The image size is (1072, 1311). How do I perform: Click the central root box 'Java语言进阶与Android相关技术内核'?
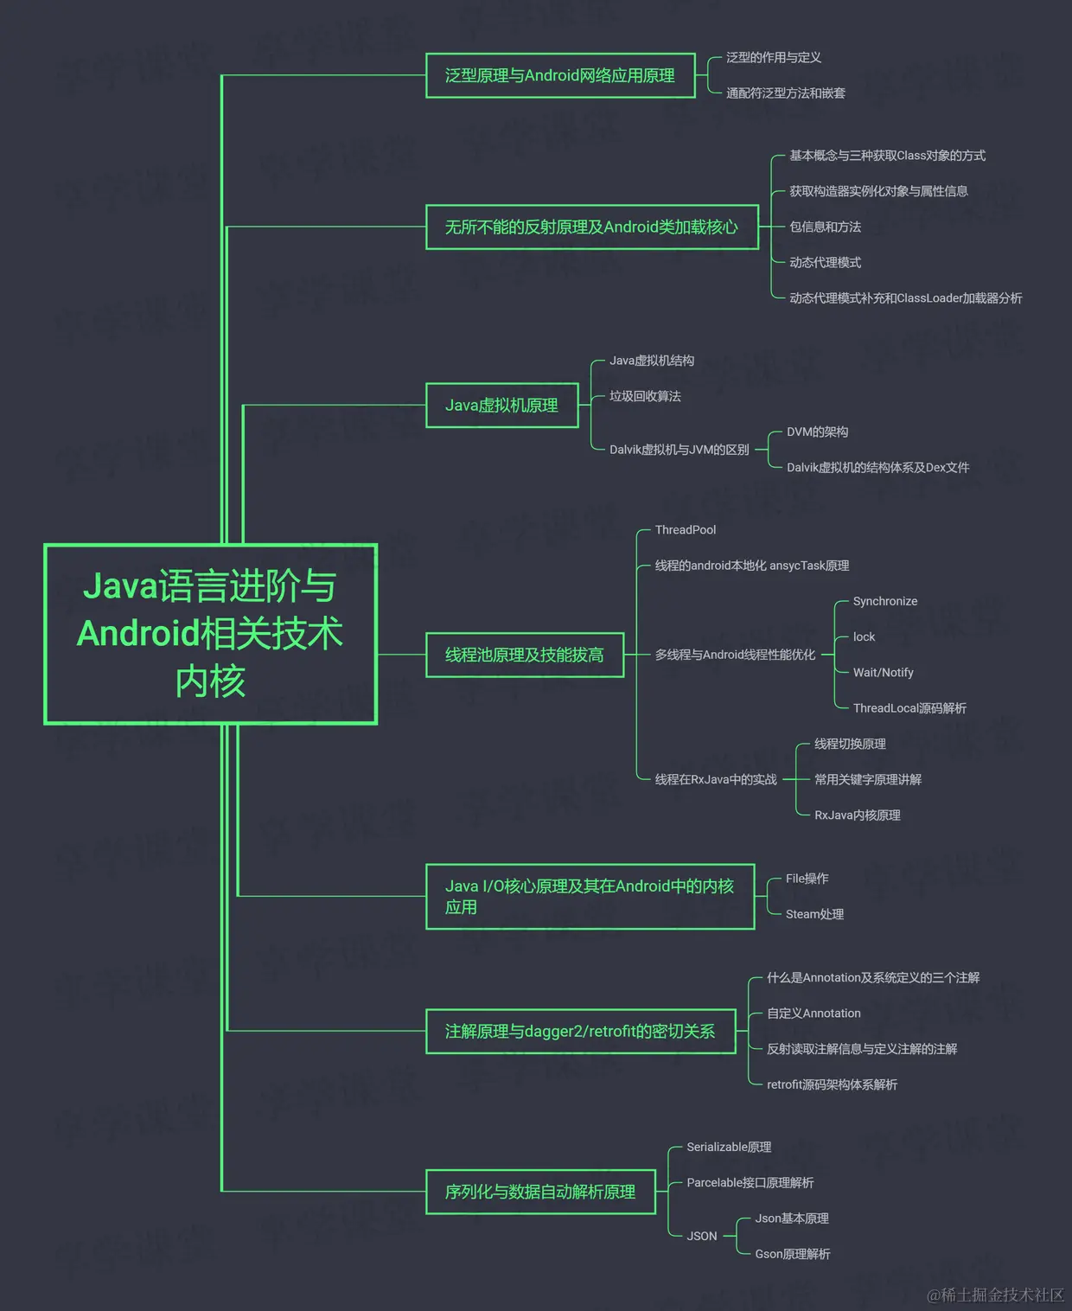pos(210,634)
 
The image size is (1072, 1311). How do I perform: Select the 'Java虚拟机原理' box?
pos(501,406)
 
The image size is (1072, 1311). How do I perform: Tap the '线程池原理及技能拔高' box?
pos(524,655)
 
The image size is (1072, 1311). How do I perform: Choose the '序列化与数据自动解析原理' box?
pos(540,1192)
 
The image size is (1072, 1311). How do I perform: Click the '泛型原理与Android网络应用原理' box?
pos(560,75)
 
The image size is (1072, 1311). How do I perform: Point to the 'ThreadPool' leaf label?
pos(685,530)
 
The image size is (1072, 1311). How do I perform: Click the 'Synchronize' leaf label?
pos(884,601)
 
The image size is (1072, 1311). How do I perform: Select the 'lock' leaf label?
pos(864,637)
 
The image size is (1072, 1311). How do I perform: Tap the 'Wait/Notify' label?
pos(883,673)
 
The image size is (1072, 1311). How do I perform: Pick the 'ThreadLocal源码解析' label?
pos(909,708)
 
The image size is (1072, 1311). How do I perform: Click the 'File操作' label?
pos(807,879)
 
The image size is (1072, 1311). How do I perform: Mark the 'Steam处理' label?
pos(814,914)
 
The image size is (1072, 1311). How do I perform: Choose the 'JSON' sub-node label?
pos(701,1237)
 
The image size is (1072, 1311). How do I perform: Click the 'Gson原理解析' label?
pos(792,1254)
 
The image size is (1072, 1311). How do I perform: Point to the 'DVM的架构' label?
pos(817,432)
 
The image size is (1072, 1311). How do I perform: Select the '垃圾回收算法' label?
pos(645,396)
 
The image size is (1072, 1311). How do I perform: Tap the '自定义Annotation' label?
pos(814,1014)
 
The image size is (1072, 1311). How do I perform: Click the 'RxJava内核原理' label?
pos(857,815)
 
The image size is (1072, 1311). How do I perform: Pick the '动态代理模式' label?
pos(825,263)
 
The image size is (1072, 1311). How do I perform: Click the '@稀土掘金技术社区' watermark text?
pos(995,1295)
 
